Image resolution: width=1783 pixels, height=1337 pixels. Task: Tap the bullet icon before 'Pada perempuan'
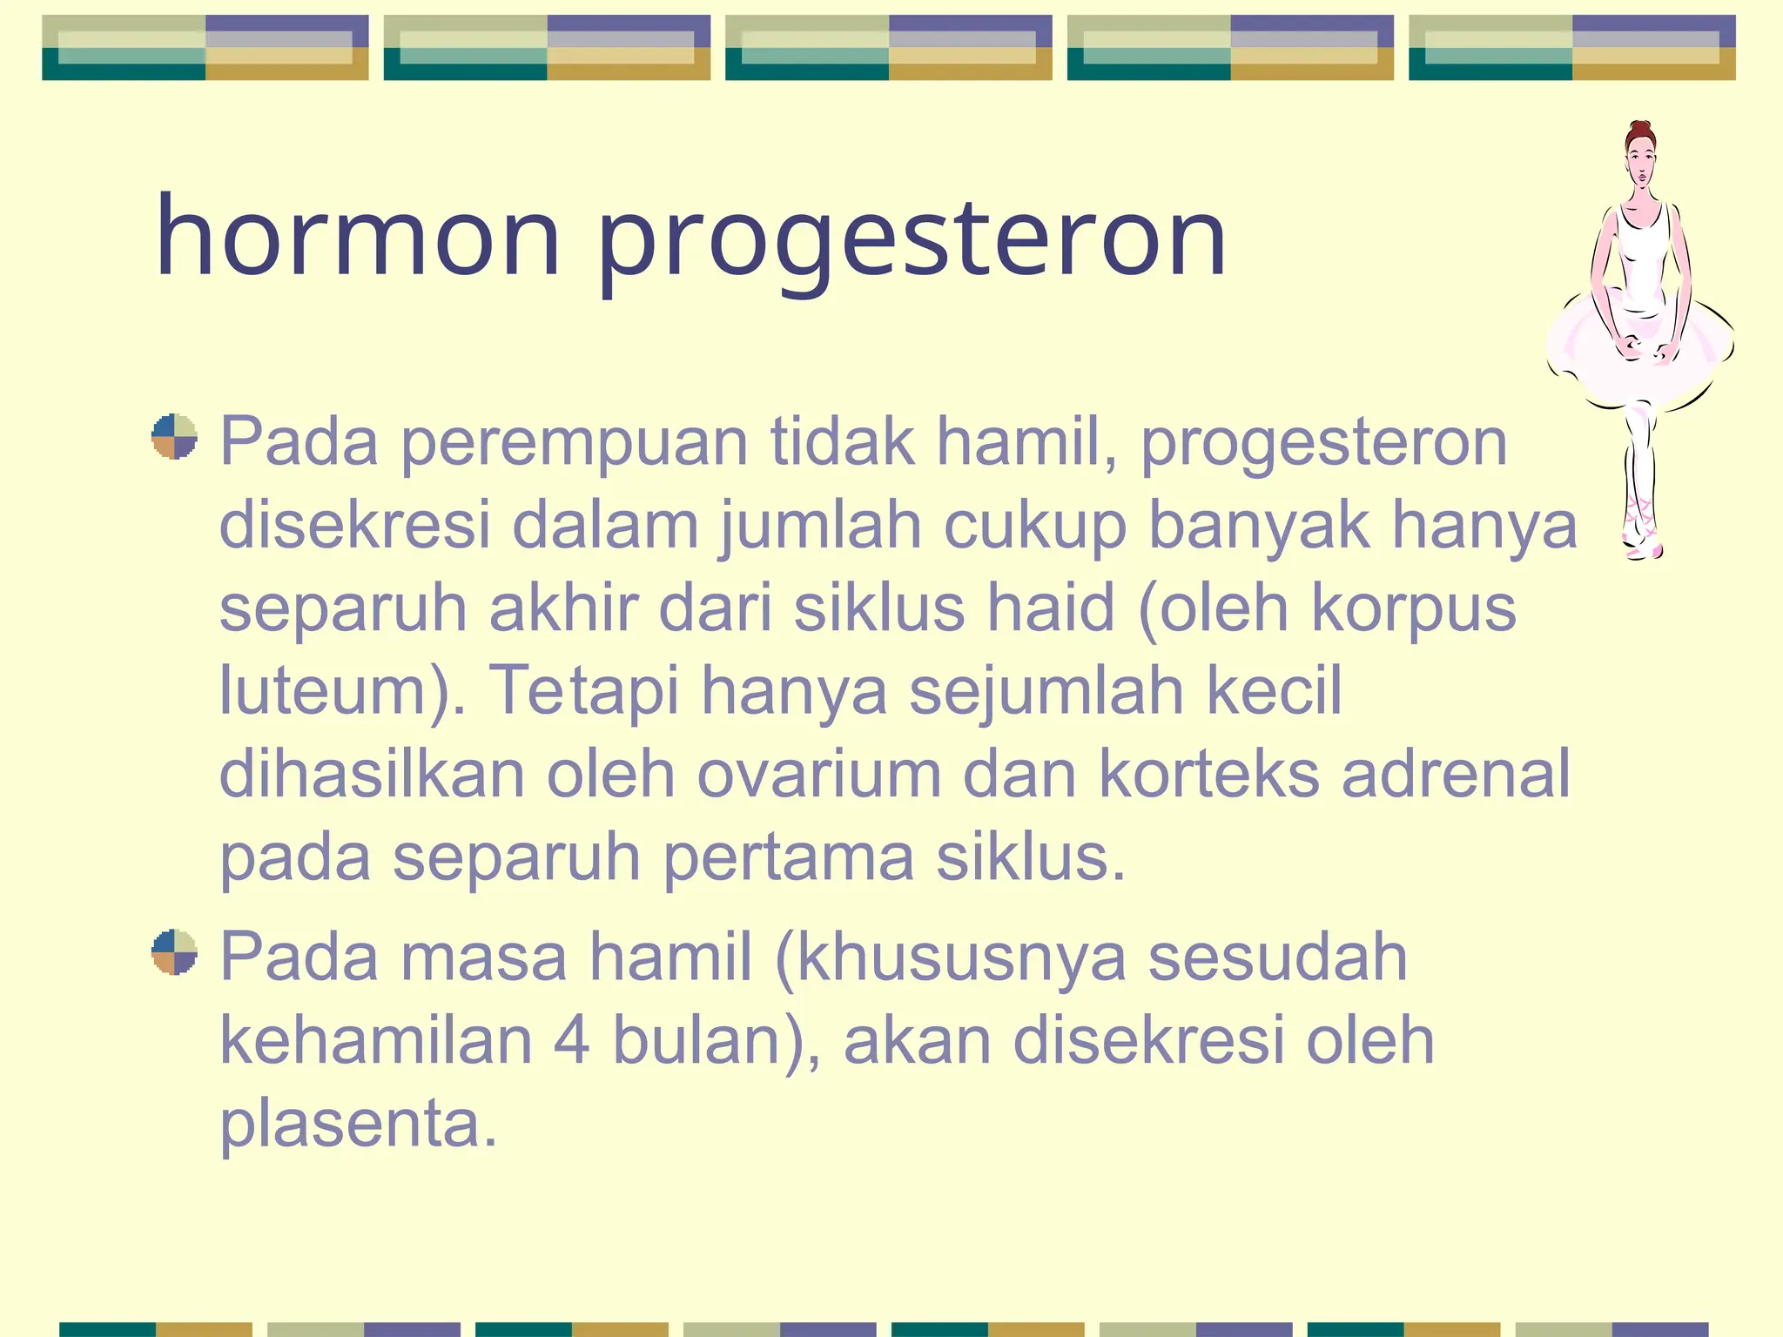pyautogui.click(x=174, y=436)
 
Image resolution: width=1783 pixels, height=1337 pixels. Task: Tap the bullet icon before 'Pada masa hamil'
pyautogui.click(x=174, y=951)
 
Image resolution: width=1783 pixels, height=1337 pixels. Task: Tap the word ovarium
pyautogui.click(x=818, y=774)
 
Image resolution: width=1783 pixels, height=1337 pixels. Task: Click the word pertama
pyautogui.click(x=789, y=858)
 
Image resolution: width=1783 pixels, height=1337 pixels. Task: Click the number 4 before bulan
pyautogui.click(x=572, y=1040)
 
